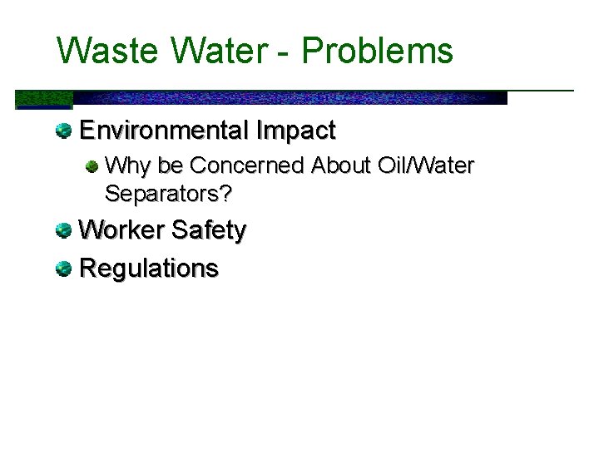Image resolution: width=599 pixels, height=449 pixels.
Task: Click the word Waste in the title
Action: [x=108, y=51]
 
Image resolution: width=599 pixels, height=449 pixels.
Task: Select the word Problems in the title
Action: [x=377, y=51]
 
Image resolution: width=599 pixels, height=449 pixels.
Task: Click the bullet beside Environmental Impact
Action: [x=63, y=130]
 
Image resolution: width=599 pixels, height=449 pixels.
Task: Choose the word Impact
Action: [x=296, y=131]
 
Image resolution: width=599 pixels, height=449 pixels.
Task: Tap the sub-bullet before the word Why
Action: [x=93, y=165]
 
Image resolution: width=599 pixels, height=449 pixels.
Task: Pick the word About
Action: [x=341, y=166]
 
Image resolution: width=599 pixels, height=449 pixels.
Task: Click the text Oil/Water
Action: [x=426, y=166]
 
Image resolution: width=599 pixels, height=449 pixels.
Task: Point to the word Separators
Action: [x=162, y=195]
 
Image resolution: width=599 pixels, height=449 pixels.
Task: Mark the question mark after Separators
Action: [x=225, y=195]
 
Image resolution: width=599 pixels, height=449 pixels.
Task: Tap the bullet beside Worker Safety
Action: [x=63, y=230]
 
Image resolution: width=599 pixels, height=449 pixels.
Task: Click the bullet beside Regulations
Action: [x=63, y=269]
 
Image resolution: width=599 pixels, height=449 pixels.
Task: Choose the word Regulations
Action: [x=148, y=269]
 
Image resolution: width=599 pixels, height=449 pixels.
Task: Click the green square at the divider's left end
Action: [x=44, y=99]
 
